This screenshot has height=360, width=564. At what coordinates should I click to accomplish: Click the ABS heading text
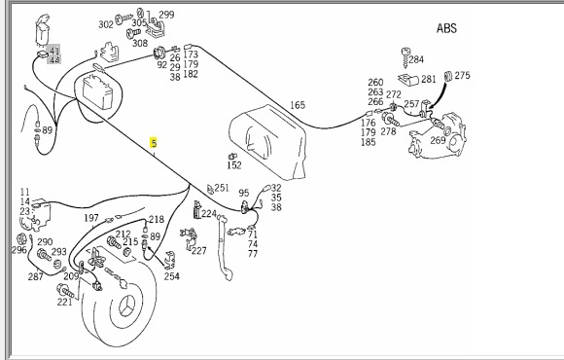(446, 28)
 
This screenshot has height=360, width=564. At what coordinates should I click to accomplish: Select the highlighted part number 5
(154, 143)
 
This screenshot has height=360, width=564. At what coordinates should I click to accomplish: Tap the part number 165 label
(298, 105)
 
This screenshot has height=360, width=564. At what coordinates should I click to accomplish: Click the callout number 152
(234, 165)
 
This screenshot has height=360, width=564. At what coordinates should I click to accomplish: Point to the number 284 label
(416, 59)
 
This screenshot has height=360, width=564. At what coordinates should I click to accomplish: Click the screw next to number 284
(405, 57)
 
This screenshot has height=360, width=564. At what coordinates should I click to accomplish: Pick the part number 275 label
(462, 76)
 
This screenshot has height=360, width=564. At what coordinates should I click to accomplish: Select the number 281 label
(429, 79)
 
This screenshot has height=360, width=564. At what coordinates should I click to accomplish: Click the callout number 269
(438, 140)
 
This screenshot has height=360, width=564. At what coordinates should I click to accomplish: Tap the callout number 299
(166, 15)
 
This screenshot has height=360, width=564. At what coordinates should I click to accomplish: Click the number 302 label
(106, 24)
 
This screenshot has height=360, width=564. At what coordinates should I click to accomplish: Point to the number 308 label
(140, 43)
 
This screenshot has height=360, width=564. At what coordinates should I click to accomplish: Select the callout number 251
(222, 188)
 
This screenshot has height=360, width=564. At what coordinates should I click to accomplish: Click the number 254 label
(172, 276)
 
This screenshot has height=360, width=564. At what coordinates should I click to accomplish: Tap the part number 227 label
(199, 250)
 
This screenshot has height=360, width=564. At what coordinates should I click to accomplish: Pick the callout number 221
(65, 302)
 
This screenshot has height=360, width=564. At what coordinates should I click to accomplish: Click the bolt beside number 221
(65, 291)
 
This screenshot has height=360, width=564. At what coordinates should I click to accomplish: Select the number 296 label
(19, 250)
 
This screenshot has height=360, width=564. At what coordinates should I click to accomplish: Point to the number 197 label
(91, 218)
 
